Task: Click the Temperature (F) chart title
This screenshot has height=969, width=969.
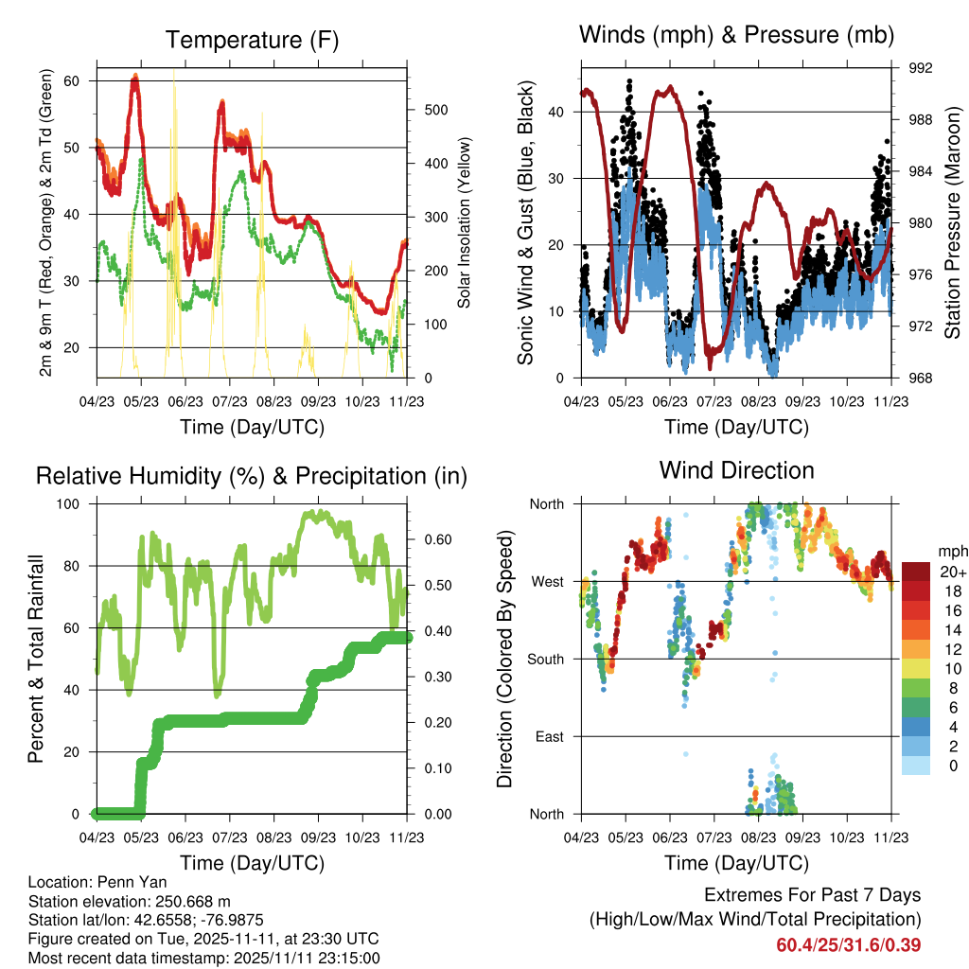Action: point(252,40)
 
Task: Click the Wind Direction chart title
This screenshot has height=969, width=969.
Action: point(736,470)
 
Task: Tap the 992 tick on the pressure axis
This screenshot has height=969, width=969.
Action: point(920,68)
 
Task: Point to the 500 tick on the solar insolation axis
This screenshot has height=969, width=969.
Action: point(436,110)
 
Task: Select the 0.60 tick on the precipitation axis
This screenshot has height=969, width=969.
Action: point(438,539)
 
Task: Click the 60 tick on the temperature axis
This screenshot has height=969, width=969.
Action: point(71,81)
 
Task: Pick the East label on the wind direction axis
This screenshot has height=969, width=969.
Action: point(550,736)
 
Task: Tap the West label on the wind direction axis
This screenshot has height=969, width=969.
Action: point(548,582)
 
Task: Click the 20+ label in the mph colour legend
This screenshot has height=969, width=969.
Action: point(953,572)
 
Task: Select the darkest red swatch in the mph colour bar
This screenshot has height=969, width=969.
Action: point(916,572)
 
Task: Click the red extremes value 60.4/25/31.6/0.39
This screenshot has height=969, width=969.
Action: point(849,945)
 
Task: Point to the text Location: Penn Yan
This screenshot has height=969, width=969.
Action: point(97,882)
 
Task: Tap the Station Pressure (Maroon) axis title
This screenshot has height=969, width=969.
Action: point(952,222)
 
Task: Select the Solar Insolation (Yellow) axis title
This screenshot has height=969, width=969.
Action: point(464,222)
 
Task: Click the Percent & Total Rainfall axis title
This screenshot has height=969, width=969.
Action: point(36,659)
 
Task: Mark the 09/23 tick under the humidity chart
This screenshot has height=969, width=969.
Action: point(318,837)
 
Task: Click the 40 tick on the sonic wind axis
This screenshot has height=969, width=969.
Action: point(555,113)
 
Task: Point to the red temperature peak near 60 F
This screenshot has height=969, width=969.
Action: point(135,77)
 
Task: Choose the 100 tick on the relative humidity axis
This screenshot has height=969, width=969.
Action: point(68,504)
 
